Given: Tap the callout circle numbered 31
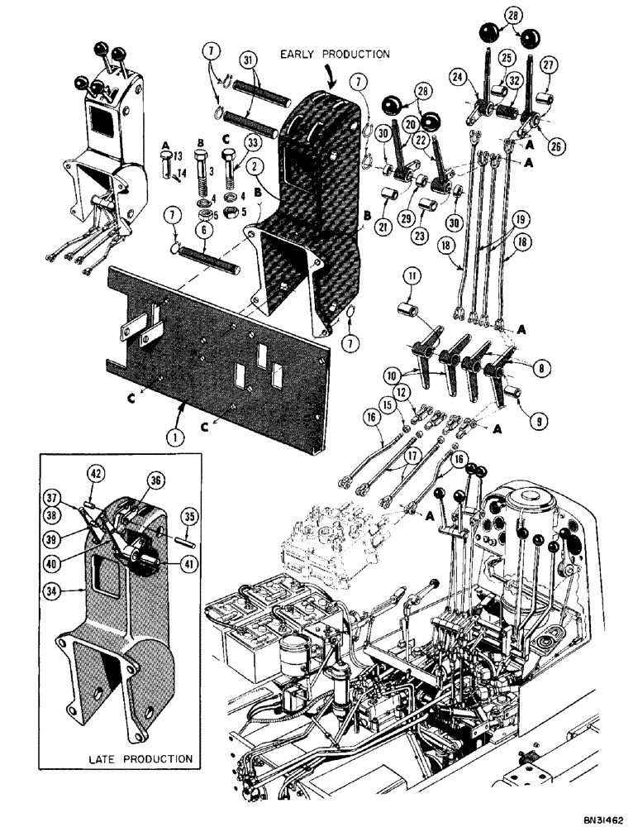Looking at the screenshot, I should (248, 60).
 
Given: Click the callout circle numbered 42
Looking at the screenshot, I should (95, 474).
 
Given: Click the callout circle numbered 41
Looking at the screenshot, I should (182, 566).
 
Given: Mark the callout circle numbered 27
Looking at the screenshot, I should (549, 66).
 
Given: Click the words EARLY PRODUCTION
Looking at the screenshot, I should (334, 54).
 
